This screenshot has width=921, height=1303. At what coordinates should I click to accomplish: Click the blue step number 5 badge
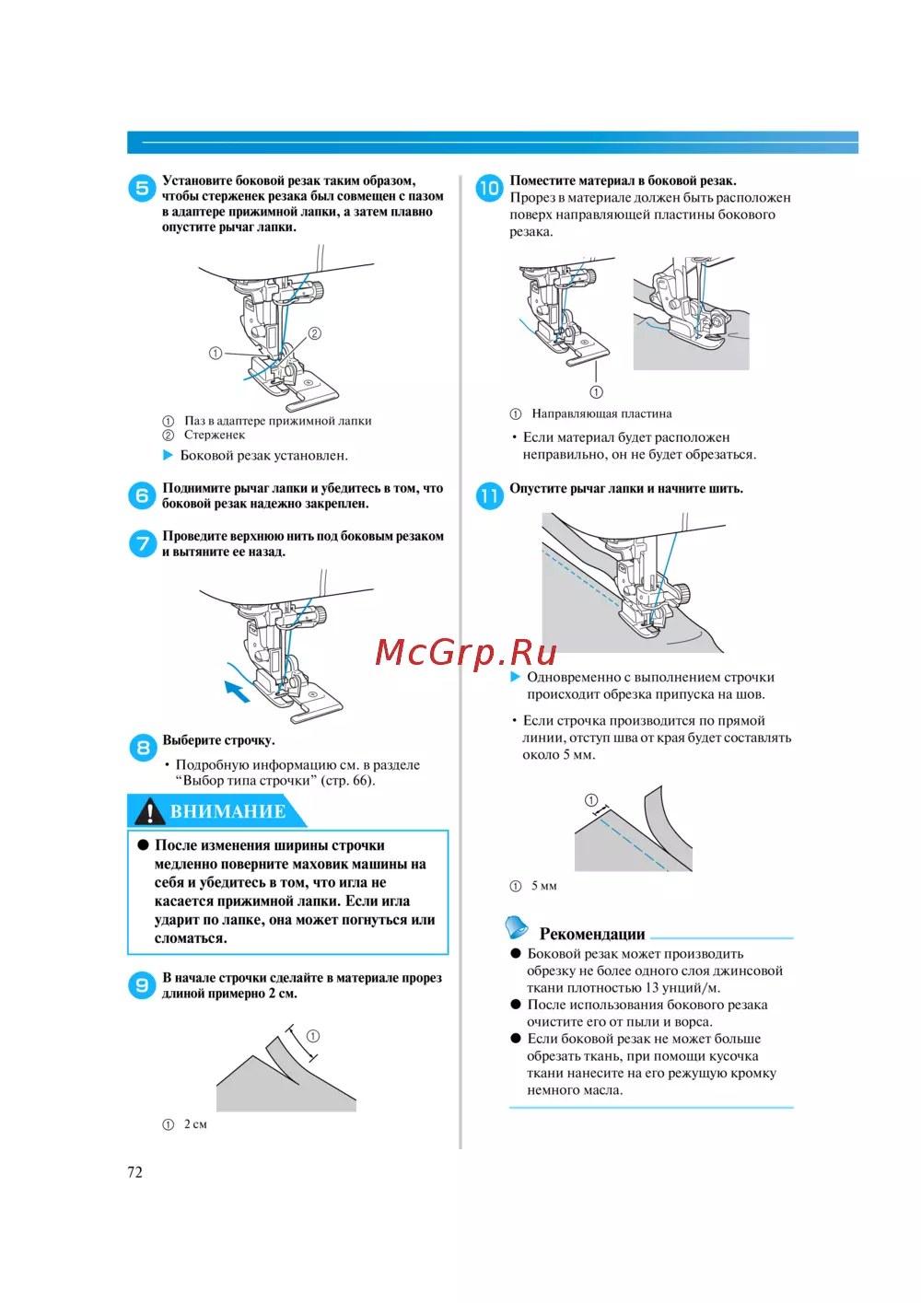coord(142,189)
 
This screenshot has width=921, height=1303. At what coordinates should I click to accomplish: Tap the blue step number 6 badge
coord(142,495)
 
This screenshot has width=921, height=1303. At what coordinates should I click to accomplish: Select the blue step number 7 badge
coord(142,543)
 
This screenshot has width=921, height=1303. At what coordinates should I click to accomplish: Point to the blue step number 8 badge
coord(142,747)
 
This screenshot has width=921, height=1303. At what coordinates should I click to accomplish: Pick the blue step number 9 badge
coord(142,985)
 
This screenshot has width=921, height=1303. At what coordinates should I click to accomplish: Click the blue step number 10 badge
coord(489,188)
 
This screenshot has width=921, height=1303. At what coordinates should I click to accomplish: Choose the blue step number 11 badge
coord(489,495)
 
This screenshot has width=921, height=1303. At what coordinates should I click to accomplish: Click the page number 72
coord(135,1172)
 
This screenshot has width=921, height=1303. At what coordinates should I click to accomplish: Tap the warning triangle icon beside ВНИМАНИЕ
coord(149,811)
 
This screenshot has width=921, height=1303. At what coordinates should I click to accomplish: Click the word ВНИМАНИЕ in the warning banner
coord(227,811)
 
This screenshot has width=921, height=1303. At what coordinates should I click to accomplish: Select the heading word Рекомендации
coord(592,934)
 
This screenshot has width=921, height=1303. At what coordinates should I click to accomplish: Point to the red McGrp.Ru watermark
coord(466,653)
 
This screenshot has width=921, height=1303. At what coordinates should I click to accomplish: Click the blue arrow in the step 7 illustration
coord(238,691)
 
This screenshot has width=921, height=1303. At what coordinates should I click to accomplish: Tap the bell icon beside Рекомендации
coord(518,926)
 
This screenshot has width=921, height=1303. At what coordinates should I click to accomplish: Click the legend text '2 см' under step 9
coord(195,1124)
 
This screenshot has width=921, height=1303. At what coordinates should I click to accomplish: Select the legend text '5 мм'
coord(543,886)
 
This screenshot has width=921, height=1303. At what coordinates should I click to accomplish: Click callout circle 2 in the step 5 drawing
coord(315,333)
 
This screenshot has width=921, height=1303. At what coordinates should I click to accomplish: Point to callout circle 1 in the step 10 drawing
coord(596,392)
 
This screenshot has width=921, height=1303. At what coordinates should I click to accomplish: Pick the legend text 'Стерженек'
coord(215,435)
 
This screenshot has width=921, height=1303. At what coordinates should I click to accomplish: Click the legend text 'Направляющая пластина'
coord(601,413)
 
